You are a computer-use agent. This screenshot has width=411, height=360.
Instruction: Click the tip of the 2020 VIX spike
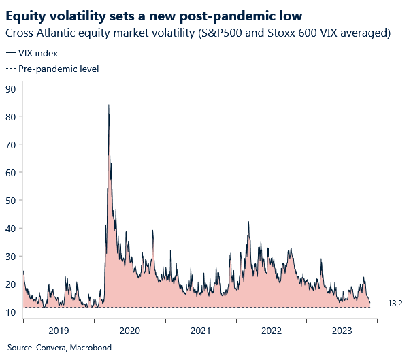109,105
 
